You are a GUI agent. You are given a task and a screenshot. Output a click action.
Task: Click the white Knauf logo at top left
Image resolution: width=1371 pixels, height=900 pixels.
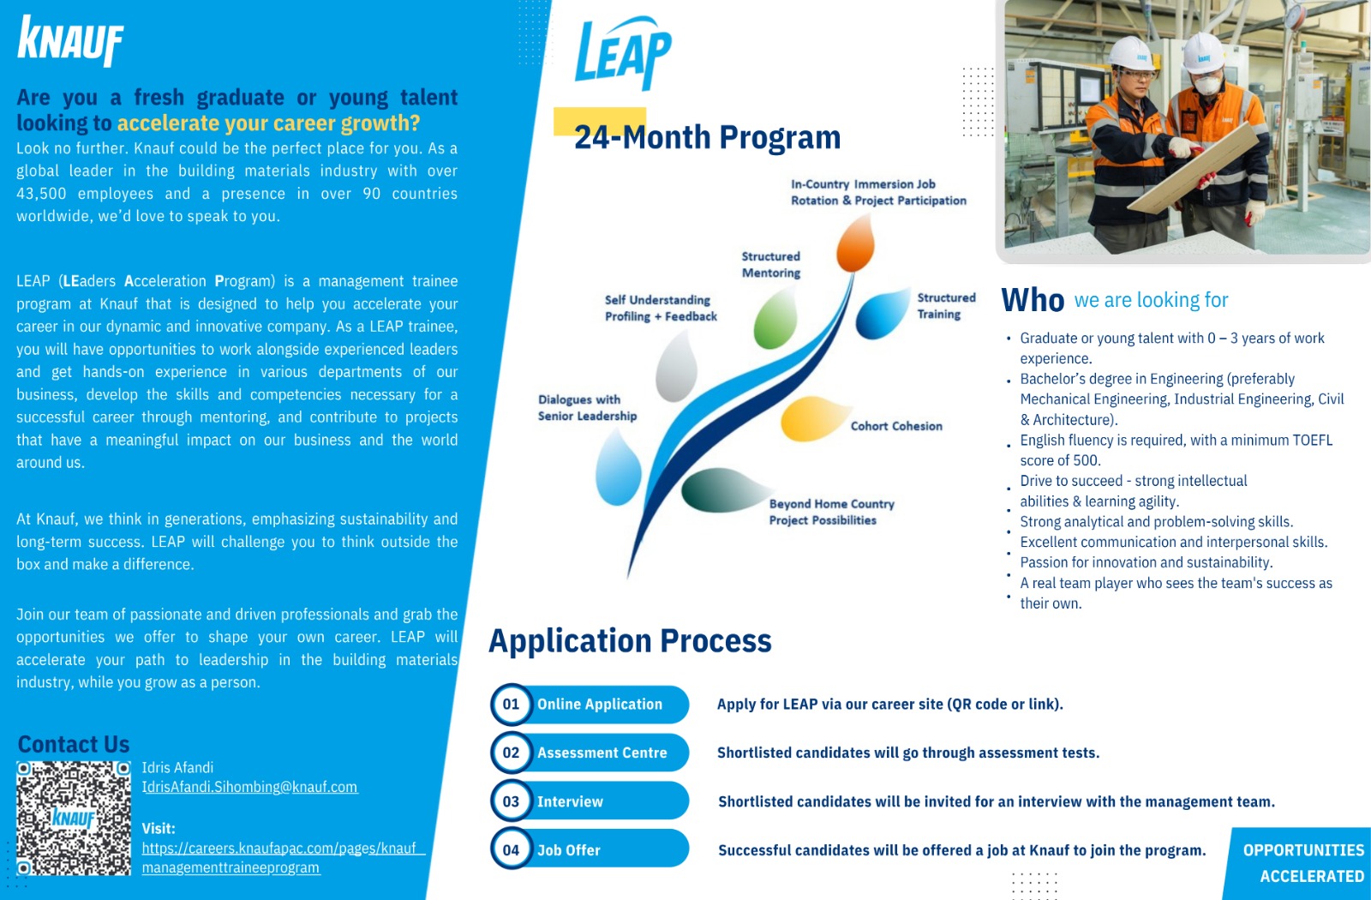[x=70, y=40]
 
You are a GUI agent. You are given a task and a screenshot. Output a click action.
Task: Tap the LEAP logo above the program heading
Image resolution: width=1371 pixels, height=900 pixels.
[x=623, y=53]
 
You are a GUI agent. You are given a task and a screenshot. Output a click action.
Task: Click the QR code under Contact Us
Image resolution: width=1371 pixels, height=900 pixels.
[x=74, y=818]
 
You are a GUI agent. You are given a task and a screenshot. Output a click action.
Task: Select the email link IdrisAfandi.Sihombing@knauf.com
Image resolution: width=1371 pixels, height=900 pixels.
[x=249, y=787]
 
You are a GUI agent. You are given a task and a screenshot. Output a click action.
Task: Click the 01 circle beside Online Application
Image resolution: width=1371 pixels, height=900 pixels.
[x=512, y=705]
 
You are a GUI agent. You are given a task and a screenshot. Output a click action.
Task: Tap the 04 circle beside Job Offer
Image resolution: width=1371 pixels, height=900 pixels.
[x=512, y=850]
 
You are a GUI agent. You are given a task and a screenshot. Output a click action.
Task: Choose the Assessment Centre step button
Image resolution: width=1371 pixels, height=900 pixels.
[x=602, y=753]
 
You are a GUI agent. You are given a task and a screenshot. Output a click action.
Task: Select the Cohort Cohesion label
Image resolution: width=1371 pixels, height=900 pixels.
[x=896, y=426]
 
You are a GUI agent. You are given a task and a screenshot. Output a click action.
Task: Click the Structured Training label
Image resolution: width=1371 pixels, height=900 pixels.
[x=946, y=306]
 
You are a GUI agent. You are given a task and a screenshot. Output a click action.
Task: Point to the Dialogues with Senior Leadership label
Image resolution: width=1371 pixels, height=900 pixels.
[x=587, y=408]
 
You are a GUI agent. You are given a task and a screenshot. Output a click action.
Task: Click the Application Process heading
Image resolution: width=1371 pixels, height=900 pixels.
[x=630, y=641]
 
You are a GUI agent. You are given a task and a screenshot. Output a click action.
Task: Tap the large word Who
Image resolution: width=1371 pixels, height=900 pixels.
[x=1033, y=300]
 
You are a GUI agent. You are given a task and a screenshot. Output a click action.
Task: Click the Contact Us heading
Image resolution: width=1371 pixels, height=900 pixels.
[x=74, y=744]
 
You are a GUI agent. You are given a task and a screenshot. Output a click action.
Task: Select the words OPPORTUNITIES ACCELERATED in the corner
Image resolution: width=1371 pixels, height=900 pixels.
[x=1303, y=863]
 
